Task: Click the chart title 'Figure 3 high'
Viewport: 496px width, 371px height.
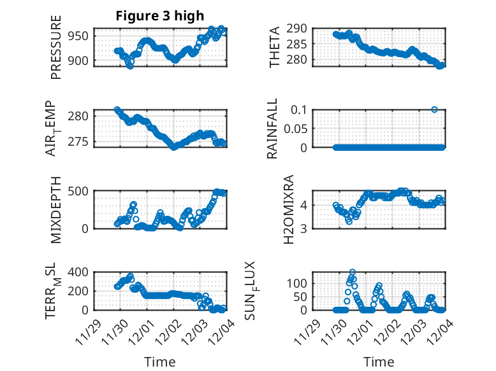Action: [160, 16]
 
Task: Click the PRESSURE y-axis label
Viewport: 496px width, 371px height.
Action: [56, 52]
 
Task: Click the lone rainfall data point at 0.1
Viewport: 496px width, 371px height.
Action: [434, 109]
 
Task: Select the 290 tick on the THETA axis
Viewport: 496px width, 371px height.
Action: [300, 29]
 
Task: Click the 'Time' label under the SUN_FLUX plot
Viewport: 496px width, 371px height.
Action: [378, 362]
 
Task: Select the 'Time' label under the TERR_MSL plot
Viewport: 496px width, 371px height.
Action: [159, 362]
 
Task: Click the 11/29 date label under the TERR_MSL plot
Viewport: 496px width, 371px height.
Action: [88, 331]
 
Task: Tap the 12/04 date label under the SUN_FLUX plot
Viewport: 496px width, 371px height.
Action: [435, 331]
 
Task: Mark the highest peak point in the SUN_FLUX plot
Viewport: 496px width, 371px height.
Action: [353, 272]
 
